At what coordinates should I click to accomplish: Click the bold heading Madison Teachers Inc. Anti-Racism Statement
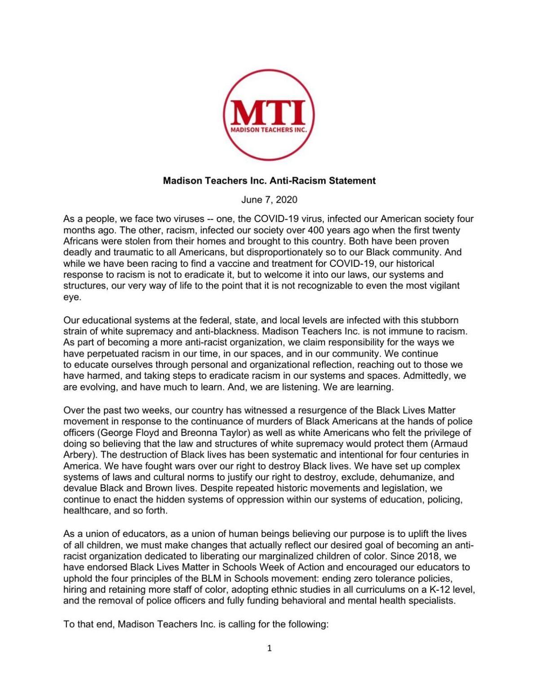pos(269,181)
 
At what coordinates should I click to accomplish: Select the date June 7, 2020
pos(269,199)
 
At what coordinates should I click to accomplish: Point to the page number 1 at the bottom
pos(269,648)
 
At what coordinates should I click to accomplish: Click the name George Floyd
pos(127,433)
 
